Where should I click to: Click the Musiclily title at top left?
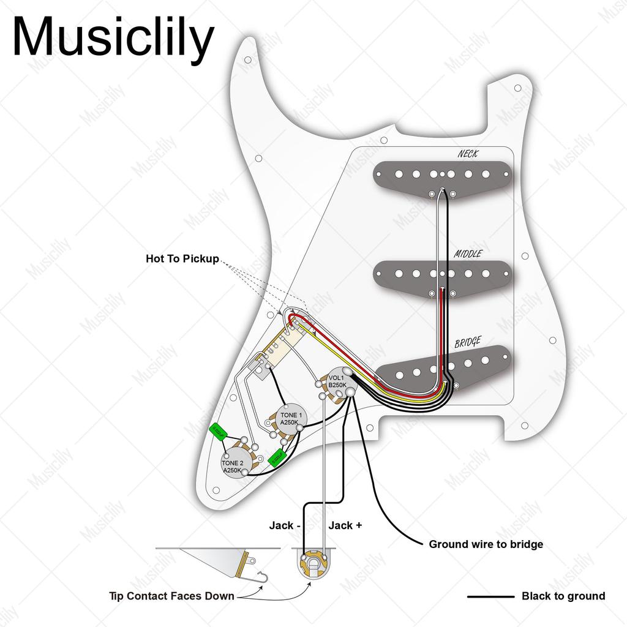click(113, 38)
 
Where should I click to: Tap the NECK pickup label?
click(468, 154)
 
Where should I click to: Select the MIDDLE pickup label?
click(468, 253)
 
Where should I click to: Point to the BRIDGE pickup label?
click(468, 342)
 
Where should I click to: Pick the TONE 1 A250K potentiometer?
click(289, 419)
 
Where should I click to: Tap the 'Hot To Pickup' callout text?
click(182, 259)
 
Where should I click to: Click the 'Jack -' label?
click(284, 525)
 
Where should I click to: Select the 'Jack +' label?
click(345, 525)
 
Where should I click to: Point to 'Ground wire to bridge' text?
click(486, 544)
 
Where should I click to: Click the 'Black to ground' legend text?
click(563, 596)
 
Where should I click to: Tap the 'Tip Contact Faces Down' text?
click(171, 596)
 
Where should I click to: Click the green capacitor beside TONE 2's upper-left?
click(217, 432)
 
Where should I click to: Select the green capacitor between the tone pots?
click(277, 457)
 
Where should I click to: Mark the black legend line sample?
click(490, 596)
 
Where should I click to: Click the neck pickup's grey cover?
click(441, 173)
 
